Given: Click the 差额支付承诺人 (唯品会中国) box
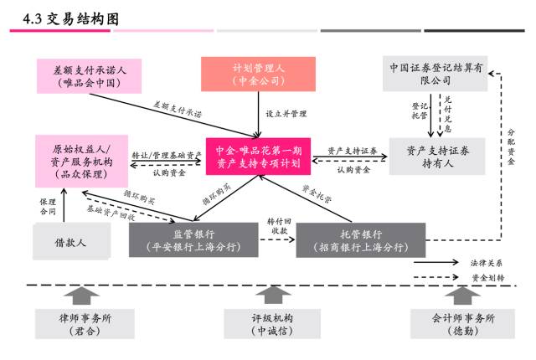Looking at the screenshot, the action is pyautogui.click(x=90, y=76).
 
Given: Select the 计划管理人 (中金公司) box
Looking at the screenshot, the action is pyautogui.click(x=258, y=75).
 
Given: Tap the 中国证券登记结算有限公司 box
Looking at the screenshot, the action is pyautogui.click(x=435, y=74).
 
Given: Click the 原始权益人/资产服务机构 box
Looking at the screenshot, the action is pyautogui.click(x=82, y=162).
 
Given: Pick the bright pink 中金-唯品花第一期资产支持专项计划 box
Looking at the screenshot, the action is pyautogui.click(x=258, y=157).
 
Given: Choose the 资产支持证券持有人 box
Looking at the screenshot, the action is pyautogui.click(x=437, y=157).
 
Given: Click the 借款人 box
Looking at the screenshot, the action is pyautogui.click(x=72, y=241).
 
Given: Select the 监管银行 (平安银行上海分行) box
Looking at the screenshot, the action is pyautogui.click(x=193, y=239).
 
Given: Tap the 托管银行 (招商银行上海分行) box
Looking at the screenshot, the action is pyautogui.click(x=361, y=240).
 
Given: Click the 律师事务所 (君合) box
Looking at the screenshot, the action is pyautogui.click(x=85, y=324).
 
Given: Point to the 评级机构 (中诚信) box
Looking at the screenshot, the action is pyautogui.click(x=272, y=324).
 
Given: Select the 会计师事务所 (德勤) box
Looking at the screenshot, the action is pyautogui.click(x=462, y=324).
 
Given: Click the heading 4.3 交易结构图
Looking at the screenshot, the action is pyautogui.click(x=70, y=19).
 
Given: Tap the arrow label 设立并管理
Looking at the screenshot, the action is pyautogui.click(x=286, y=114).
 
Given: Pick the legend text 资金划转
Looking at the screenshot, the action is pyautogui.click(x=487, y=278).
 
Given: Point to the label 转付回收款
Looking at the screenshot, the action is pyautogui.click(x=279, y=226).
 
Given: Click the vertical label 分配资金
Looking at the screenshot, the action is pyautogui.click(x=511, y=147).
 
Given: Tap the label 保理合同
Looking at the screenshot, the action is pyautogui.click(x=48, y=207).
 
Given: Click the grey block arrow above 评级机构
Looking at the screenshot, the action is pyautogui.click(x=273, y=295).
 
